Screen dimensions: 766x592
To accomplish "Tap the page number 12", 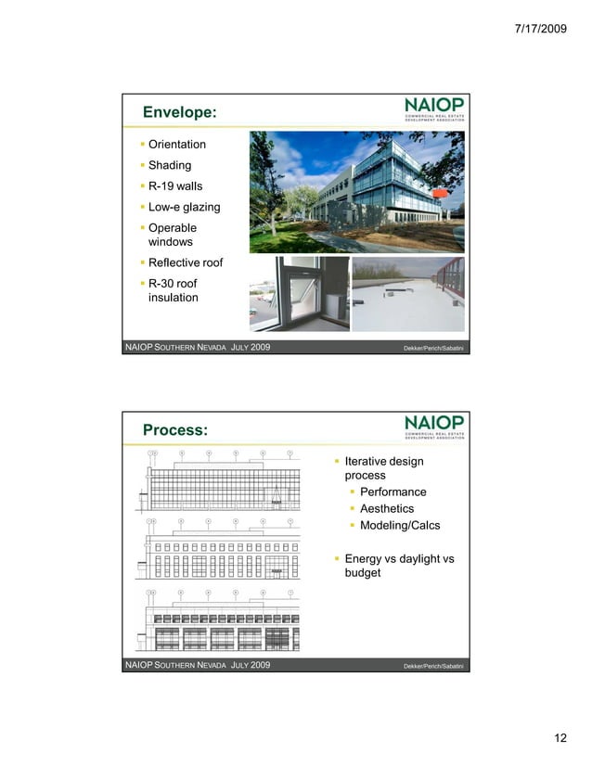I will point(560,738).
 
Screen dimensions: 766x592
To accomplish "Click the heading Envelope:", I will point(180,112).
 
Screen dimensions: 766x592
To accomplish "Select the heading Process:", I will point(175,430).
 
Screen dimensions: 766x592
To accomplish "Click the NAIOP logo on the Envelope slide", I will point(434,109).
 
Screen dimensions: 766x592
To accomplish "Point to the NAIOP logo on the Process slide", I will point(434,427).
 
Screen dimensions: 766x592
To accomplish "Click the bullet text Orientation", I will point(176,145).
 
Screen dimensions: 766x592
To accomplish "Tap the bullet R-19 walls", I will point(174,186).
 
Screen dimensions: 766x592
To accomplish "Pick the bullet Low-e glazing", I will point(184,208).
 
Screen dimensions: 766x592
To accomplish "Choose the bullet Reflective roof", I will point(185,262).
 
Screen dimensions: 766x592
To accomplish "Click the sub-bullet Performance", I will point(393,492).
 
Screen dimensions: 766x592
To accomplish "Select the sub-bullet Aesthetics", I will point(386,509).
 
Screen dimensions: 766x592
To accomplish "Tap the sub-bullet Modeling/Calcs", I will point(399,526).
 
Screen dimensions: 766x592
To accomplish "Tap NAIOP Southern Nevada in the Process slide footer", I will point(175,666).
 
